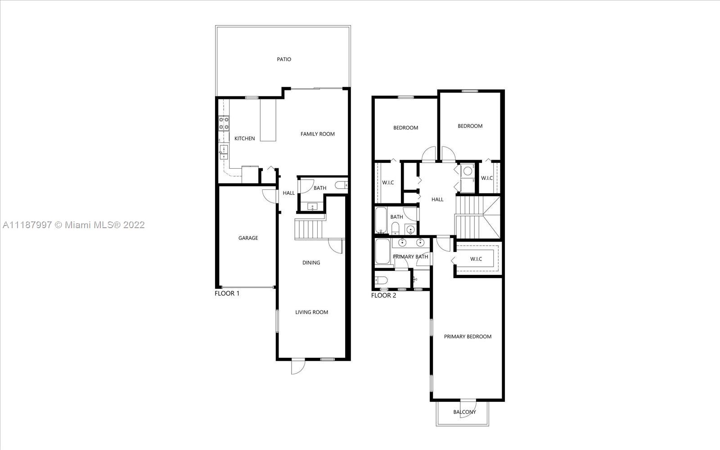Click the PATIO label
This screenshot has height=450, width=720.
click(284, 59)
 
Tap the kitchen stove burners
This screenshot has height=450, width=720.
click(224, 123)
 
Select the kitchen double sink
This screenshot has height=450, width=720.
click(223, 152)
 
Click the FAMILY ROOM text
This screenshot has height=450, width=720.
click(318, 134)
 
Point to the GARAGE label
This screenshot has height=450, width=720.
click(248, 238)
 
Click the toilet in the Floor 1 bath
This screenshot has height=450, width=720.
click(341, 185)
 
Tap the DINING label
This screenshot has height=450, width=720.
click(311, 263)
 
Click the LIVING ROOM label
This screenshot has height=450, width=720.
click(312, 312)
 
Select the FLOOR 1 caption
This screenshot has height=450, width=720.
click(227, 293)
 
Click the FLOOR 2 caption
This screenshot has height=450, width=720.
click(383, 295)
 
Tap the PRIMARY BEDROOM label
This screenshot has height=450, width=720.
click(468, 337)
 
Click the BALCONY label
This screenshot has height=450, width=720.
click(464, 412)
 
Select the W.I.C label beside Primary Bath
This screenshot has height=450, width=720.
click(476, 259)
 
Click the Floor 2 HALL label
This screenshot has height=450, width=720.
click(437, 200)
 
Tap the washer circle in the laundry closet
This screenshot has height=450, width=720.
click(468, 171)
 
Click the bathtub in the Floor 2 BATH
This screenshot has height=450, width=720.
click(381, 220)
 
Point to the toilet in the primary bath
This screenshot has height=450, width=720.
click(381, 280)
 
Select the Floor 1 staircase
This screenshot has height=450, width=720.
click(310, 229)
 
